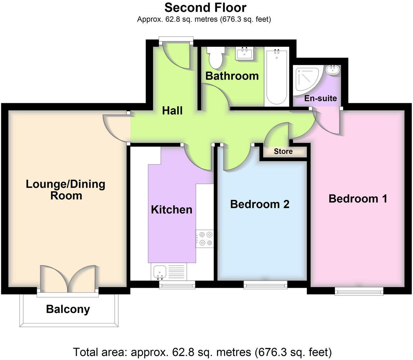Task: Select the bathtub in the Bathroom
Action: [276, 76]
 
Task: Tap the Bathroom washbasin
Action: [245, 53]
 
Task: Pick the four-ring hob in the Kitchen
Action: [205, 239]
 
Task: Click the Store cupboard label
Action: [283, 151]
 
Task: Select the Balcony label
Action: [68, 309]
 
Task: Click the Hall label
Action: [172, 110]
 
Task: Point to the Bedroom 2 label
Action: [260, 204]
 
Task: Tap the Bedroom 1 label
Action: [358, 198]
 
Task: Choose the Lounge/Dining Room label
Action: [66, 190]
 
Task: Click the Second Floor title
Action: [205, 7]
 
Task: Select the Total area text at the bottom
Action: [202, 352]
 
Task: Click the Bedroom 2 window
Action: [265, 285]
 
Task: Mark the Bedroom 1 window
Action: [359, 291]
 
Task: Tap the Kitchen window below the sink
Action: [177, 285]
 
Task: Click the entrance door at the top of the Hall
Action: [177, 56]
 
